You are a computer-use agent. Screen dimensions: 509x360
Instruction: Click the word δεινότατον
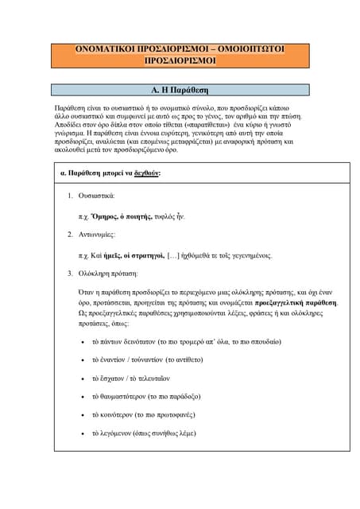tap(144, 342)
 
